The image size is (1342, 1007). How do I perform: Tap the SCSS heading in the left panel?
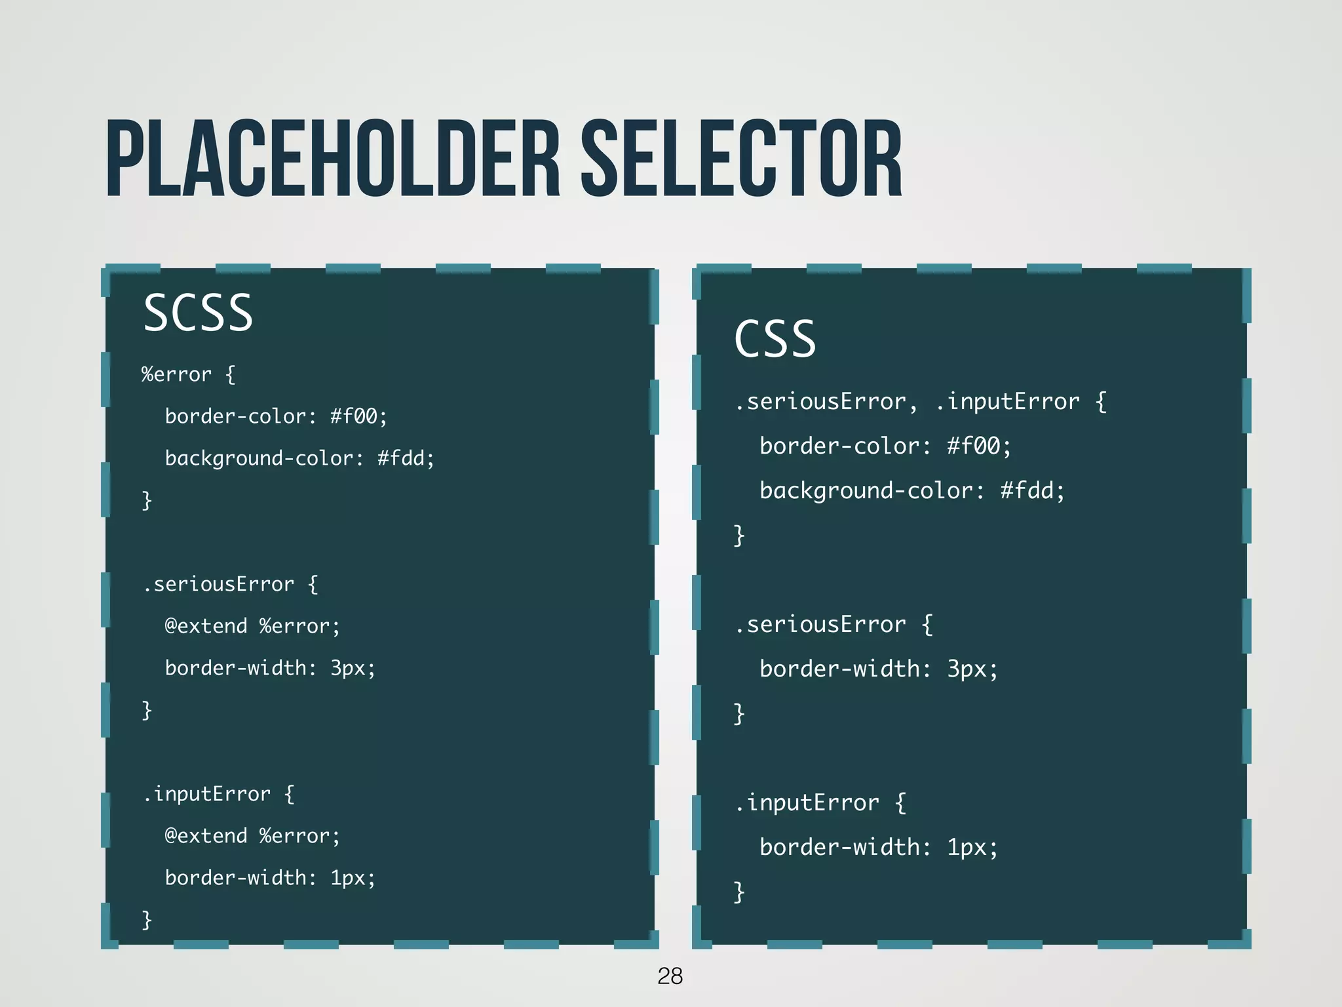coord(198,313)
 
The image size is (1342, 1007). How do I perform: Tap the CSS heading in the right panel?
coord(775,340)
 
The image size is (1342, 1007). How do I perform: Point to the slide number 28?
coord(670,976)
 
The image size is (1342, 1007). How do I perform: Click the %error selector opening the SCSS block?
coord(176,374)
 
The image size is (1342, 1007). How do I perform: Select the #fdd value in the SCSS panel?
coord(401,458)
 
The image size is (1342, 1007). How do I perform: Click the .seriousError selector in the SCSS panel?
coord(218,584)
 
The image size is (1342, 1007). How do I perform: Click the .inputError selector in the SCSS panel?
coord(206,794)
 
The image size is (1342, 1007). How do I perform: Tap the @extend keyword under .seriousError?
coord(206,626)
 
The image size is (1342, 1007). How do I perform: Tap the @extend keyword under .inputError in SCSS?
coord(206,836)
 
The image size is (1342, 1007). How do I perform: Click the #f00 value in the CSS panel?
coord(974,446)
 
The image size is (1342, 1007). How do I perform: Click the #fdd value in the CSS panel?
coord(1027,491)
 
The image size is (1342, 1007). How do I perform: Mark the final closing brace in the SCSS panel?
coord(147,920)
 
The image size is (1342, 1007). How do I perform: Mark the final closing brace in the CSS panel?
coord(739,892)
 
